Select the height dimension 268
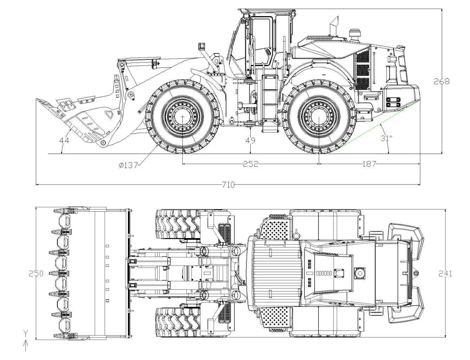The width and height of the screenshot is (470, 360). tap(442, 81)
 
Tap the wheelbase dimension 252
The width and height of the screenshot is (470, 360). tap(251, 164)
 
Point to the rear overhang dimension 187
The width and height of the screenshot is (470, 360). tap(369, 164)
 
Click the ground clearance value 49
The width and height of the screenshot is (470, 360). tap(250, 141)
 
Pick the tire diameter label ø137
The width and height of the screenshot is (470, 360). tap(128, 165)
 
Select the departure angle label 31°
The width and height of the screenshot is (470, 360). tap(386, 138)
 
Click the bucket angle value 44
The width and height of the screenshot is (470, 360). tap(64, 141)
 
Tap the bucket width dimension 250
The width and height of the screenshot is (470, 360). tap(36, 273)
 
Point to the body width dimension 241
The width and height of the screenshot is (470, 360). tap(445, 273)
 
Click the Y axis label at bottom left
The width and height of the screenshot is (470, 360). tap(25, 332)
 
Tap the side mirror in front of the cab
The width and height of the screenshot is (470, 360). tap(201, 46)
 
